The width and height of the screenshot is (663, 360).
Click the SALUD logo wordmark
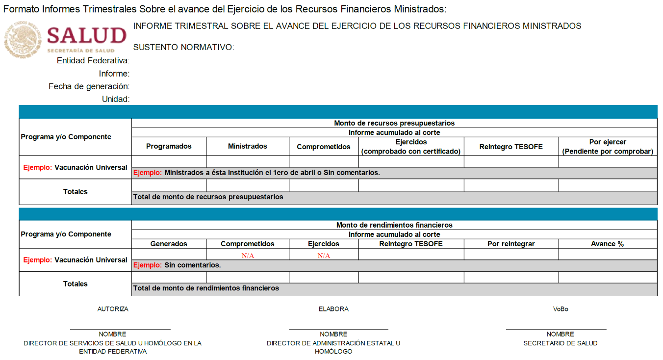point(87,36)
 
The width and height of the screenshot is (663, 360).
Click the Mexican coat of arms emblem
point(23,38)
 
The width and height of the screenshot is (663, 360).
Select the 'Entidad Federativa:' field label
point(93,61)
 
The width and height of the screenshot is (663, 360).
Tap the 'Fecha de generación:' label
point(89,86)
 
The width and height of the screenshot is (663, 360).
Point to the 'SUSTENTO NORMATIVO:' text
point(184,47)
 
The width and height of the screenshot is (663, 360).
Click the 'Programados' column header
point(169,146)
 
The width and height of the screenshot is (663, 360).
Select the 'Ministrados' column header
point(248,146)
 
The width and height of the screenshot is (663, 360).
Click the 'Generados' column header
point(169,244)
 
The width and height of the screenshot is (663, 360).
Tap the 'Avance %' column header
point(607,244)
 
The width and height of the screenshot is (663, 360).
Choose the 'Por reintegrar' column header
point(511,244)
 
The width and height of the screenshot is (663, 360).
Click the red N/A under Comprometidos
point(248,256)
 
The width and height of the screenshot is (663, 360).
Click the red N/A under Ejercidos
point(324,256)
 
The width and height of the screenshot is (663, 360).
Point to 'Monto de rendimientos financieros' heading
point(394,225)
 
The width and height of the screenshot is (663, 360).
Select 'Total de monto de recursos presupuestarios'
point(208,197)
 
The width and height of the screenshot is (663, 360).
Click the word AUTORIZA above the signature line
point(113,309)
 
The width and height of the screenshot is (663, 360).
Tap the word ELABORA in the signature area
point(333,309)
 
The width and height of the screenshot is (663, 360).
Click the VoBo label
point(561,309)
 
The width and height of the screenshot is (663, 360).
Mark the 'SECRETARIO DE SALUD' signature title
point(561,343)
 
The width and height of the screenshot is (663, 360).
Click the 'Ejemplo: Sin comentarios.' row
point(177,265)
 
